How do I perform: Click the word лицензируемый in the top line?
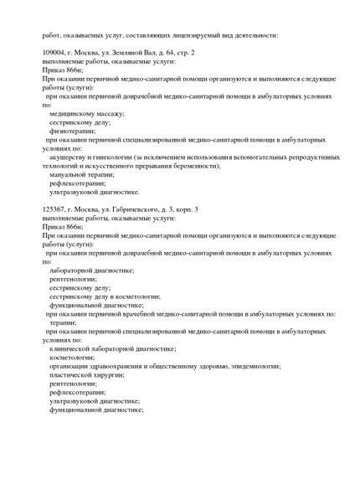pos(194,34)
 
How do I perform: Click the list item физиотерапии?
pos(72,131)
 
